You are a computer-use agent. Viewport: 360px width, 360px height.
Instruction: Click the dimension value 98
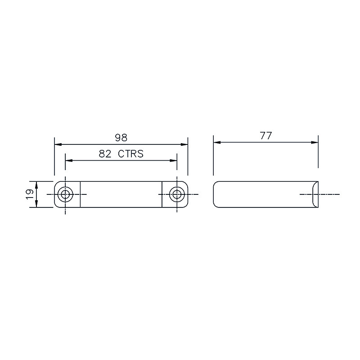tap(121, 138)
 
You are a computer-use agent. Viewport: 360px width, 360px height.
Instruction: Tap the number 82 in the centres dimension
tap(105, 153)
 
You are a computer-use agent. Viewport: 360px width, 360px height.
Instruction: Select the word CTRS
tap(130, 153)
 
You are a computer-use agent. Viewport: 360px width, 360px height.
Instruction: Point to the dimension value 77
tap(266, 135)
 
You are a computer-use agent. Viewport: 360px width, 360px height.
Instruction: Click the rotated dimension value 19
tap(30, 194)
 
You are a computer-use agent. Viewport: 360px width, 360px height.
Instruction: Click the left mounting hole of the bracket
tap(65, 194)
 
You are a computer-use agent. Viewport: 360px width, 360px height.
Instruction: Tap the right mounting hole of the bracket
tap(177, 194)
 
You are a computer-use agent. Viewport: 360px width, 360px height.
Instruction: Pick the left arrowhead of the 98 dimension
tap(58, 144)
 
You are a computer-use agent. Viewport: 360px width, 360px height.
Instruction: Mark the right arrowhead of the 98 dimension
tap(184, 144)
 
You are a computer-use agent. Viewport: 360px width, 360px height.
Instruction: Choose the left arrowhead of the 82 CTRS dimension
tap(69, 160)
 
